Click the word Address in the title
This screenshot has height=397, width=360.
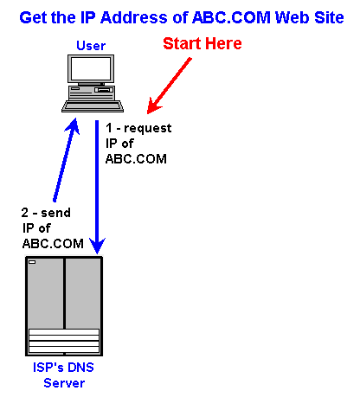pyautogui.click(x=134, y=17)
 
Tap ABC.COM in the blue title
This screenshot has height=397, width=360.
pyautogui.click(x=231, y=17)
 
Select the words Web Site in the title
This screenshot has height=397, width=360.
pyautogui.click(x=310, y=17)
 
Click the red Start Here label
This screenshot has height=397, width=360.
pyautogui.click(x=202, y=43)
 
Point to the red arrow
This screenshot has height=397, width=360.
pyautogui.click(x=169, y=86)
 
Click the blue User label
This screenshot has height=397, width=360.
pyautogui.click(x=91, y=46)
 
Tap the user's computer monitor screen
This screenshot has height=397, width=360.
pyautogui.click(x=91, y=68)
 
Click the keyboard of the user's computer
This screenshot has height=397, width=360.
pyautogui.click(x=93, y=106)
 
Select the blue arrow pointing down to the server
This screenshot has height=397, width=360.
pyautogui.click(x=97, y=188)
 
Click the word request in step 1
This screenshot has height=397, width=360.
pyautogui.click(x=148, y=129)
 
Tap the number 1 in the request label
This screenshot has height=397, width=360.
pyautogui.click(x=109, y=128)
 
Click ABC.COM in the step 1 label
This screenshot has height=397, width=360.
pyautogui.click(x=136, y=159)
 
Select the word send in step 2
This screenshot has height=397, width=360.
pyautogui.click(x=55, y=213)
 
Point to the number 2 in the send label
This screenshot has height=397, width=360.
pyautogui.click(x=25, y=213)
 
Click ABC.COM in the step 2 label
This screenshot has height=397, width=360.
pyautogui.click(x=53, y=244)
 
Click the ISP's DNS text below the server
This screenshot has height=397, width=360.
pyautogui.click(x=63, y=368)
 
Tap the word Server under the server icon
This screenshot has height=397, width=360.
pyautogui.click(x=64, y=383)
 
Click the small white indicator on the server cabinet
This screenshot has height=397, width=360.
pyautogui.click(x=32, y=262)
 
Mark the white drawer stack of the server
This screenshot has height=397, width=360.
pyautogui.click(x=64, y=341)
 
